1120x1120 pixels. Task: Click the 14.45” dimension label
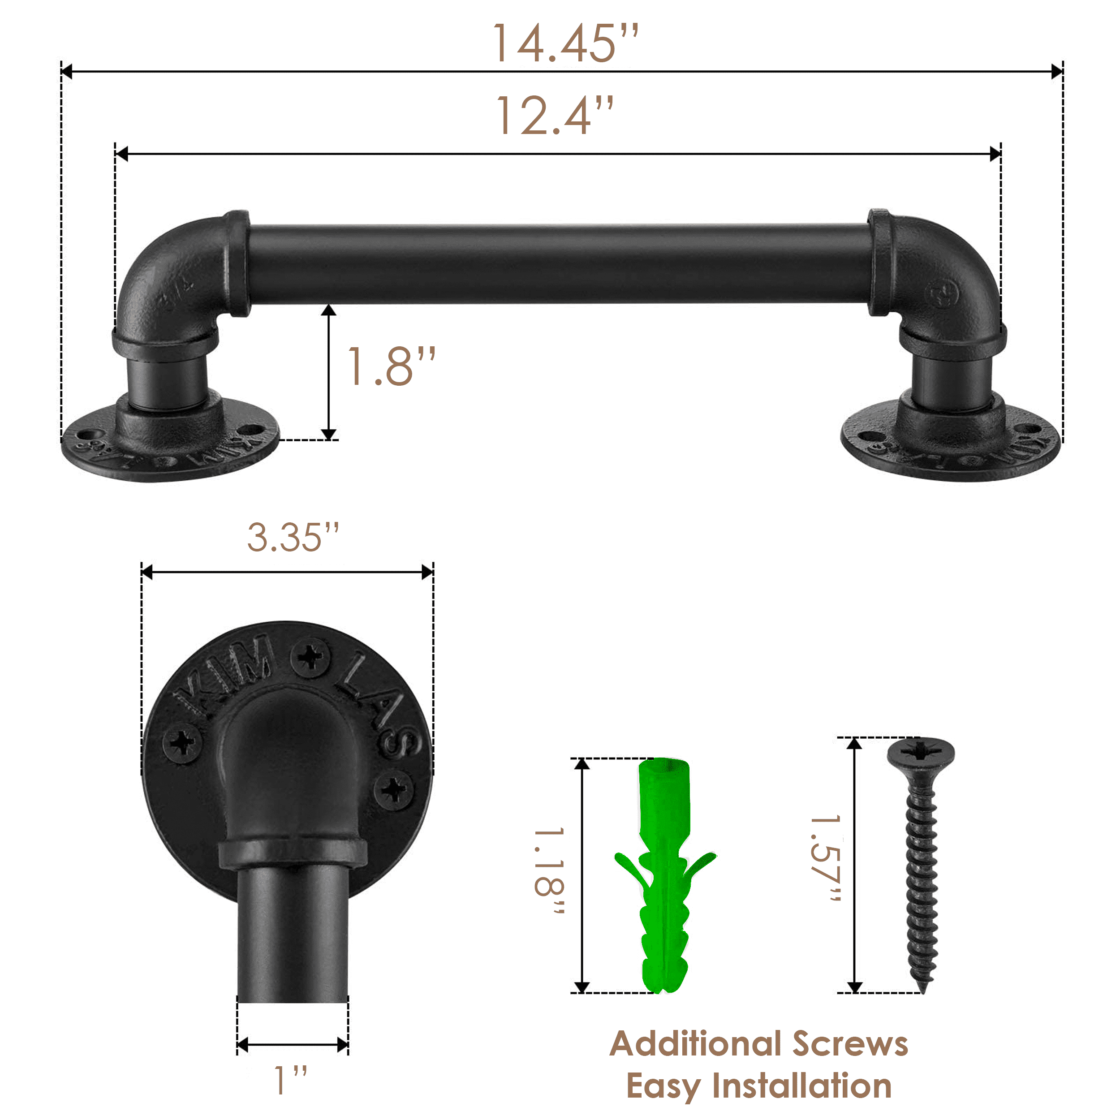[x=565, y=43]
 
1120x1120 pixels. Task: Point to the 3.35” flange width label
[x=293, y=538]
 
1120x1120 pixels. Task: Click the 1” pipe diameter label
[x=290, y=1081]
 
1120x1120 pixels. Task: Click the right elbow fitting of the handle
[x=942, y=278]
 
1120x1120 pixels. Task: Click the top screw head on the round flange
[x=310, y=657]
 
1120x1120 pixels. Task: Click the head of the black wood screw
[x=921, y=754]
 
